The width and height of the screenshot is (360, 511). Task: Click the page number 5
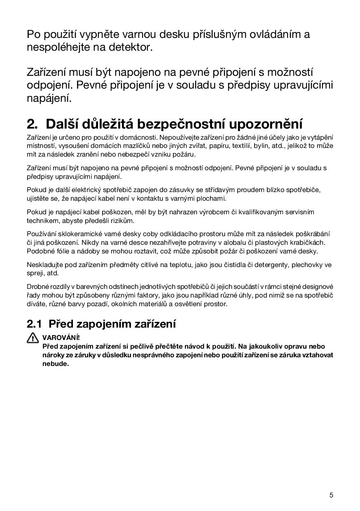pyautogui.click(x=331, y=495)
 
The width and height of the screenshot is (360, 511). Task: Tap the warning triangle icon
pyautogui.click(x=33, y=338)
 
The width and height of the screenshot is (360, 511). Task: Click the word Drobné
pyautogui.click(x=37, y=286)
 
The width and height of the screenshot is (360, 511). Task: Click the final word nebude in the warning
pyautogui.click(x=55, y=364)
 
